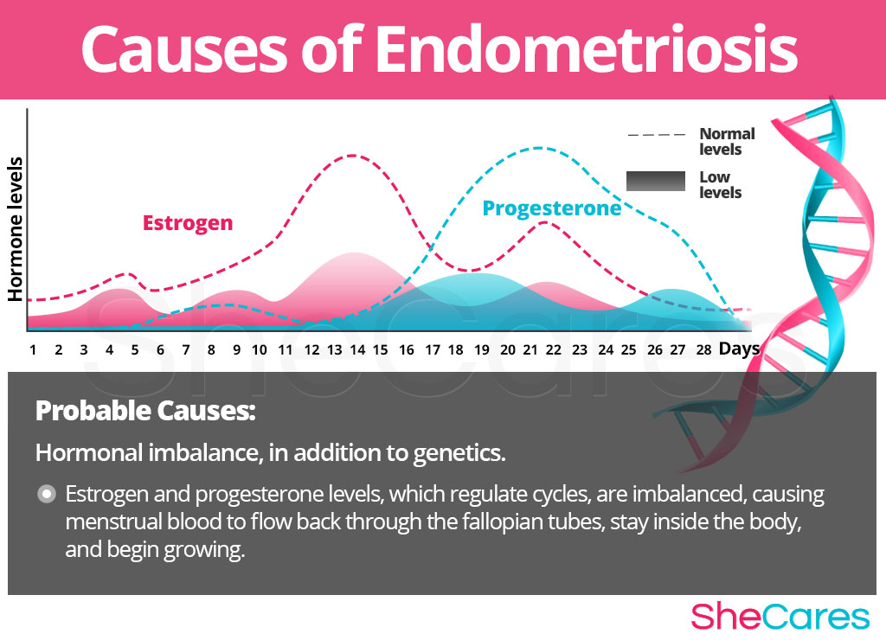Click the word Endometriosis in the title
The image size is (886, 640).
click(x=586, y=48)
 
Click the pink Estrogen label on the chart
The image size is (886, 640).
click(x=188, y=223)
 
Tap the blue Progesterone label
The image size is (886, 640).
click(x=551, y=208)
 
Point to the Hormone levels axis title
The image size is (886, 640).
click(x=16, y=229)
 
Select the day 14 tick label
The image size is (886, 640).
click(x=357, y=350)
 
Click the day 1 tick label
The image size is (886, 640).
click(x=33, y=350)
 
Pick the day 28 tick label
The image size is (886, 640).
click(x=703, y=350)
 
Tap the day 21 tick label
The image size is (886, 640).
click(x=530, y=350)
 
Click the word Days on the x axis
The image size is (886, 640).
click(x=739, y=349)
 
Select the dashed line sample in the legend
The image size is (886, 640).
click(x=656, y=135)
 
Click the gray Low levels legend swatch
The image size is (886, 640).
click(x=656, y=181)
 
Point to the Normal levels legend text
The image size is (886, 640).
click(x=727, y=141)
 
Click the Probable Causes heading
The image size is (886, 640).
click(x=145, y=411)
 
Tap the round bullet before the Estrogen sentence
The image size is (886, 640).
click(x=47, y=494)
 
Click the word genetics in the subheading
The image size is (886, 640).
click(x=459, y=453)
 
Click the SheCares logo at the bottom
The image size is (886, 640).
click(x=780, y=616)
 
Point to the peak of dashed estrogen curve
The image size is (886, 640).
click(x=353, y=155)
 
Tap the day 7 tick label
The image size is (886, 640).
click(x=185, y=350)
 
